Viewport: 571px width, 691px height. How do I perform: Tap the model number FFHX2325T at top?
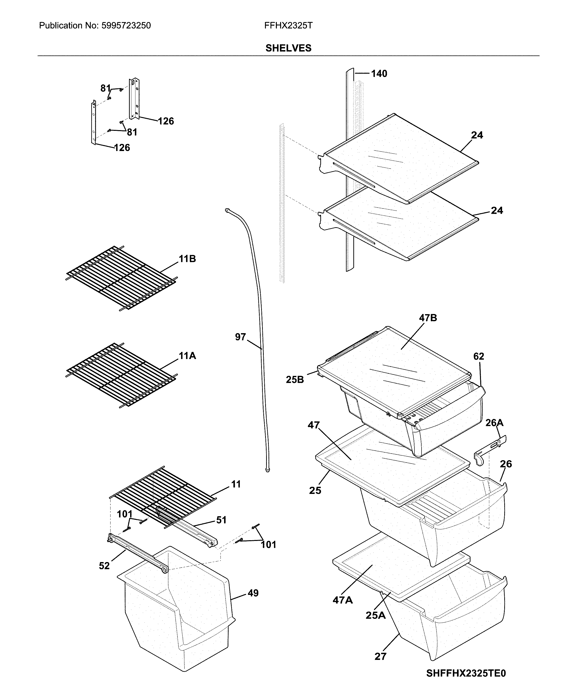pyautogui.click(x=288, y=26)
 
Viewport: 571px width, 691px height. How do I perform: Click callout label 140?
pyautogui.click(x=379, y=74)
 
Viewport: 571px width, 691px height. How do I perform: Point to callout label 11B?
pyautogui.click(x=187, y=259)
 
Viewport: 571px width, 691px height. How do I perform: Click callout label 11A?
pyautogui.click(x=187, y=355)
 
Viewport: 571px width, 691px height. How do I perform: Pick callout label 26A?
pyautogui.click(x=494, y=422)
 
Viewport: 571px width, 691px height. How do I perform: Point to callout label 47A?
pyautogui.click(x=342, y=600)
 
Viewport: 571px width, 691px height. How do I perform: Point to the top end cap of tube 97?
pyautogui.click(x=227, y=210)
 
